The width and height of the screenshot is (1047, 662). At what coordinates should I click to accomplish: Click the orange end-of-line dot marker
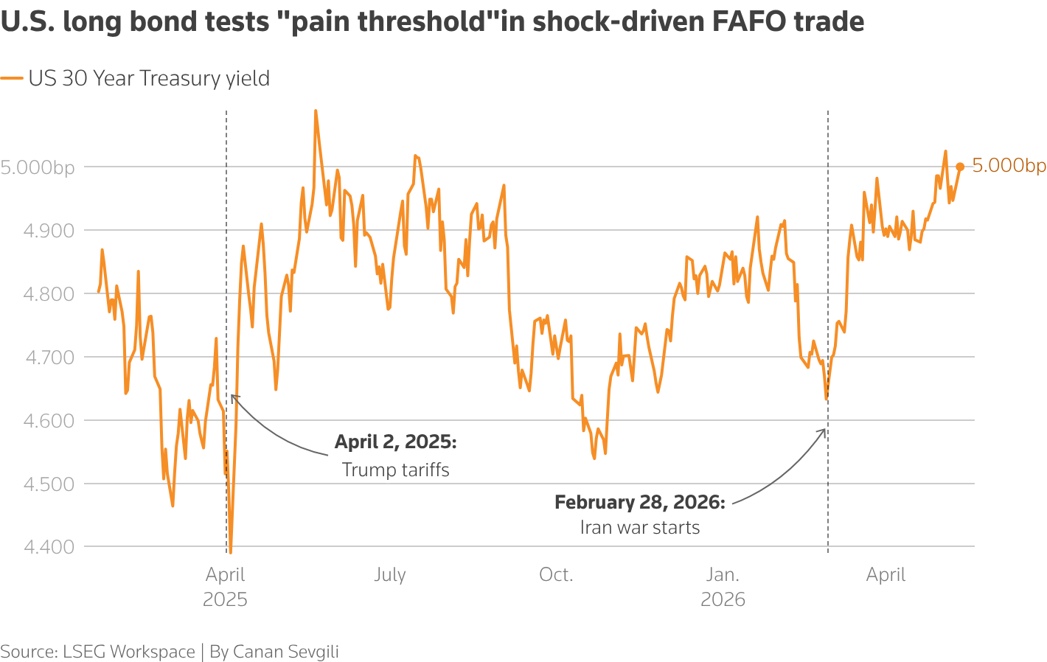(960, 167)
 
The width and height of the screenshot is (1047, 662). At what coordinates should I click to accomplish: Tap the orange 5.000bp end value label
(1009, 165)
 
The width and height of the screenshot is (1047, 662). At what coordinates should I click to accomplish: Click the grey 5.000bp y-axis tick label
(38, 168)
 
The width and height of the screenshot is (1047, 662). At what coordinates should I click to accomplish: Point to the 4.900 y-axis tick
(49, 231)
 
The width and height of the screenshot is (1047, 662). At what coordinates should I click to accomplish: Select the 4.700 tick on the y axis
(49, 358)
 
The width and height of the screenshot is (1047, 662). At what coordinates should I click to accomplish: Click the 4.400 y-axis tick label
(49, 546)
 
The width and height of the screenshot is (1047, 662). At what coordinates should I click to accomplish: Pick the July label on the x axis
(390, 574)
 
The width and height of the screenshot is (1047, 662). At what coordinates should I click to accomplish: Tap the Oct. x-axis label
(556, 574)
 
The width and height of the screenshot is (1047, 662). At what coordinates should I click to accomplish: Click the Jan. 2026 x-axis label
(723, 587)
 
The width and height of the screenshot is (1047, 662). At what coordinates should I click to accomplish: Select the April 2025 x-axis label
(225, 587)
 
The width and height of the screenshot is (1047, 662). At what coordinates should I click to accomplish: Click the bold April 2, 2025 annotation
(395, 442)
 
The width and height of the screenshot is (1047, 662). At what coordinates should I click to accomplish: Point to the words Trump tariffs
(395, 470)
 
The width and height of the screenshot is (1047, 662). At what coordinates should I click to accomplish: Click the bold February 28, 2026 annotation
(640, 502)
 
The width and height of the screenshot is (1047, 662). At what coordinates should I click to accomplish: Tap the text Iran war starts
(640, 527)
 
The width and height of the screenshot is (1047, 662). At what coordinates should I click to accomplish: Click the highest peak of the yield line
(316, 111)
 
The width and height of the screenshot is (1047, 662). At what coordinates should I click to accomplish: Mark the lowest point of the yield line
(231, 553)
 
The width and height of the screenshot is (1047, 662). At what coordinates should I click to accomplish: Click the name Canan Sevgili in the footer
(285, 652)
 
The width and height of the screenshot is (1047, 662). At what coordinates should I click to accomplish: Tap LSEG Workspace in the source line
(129, 652)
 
